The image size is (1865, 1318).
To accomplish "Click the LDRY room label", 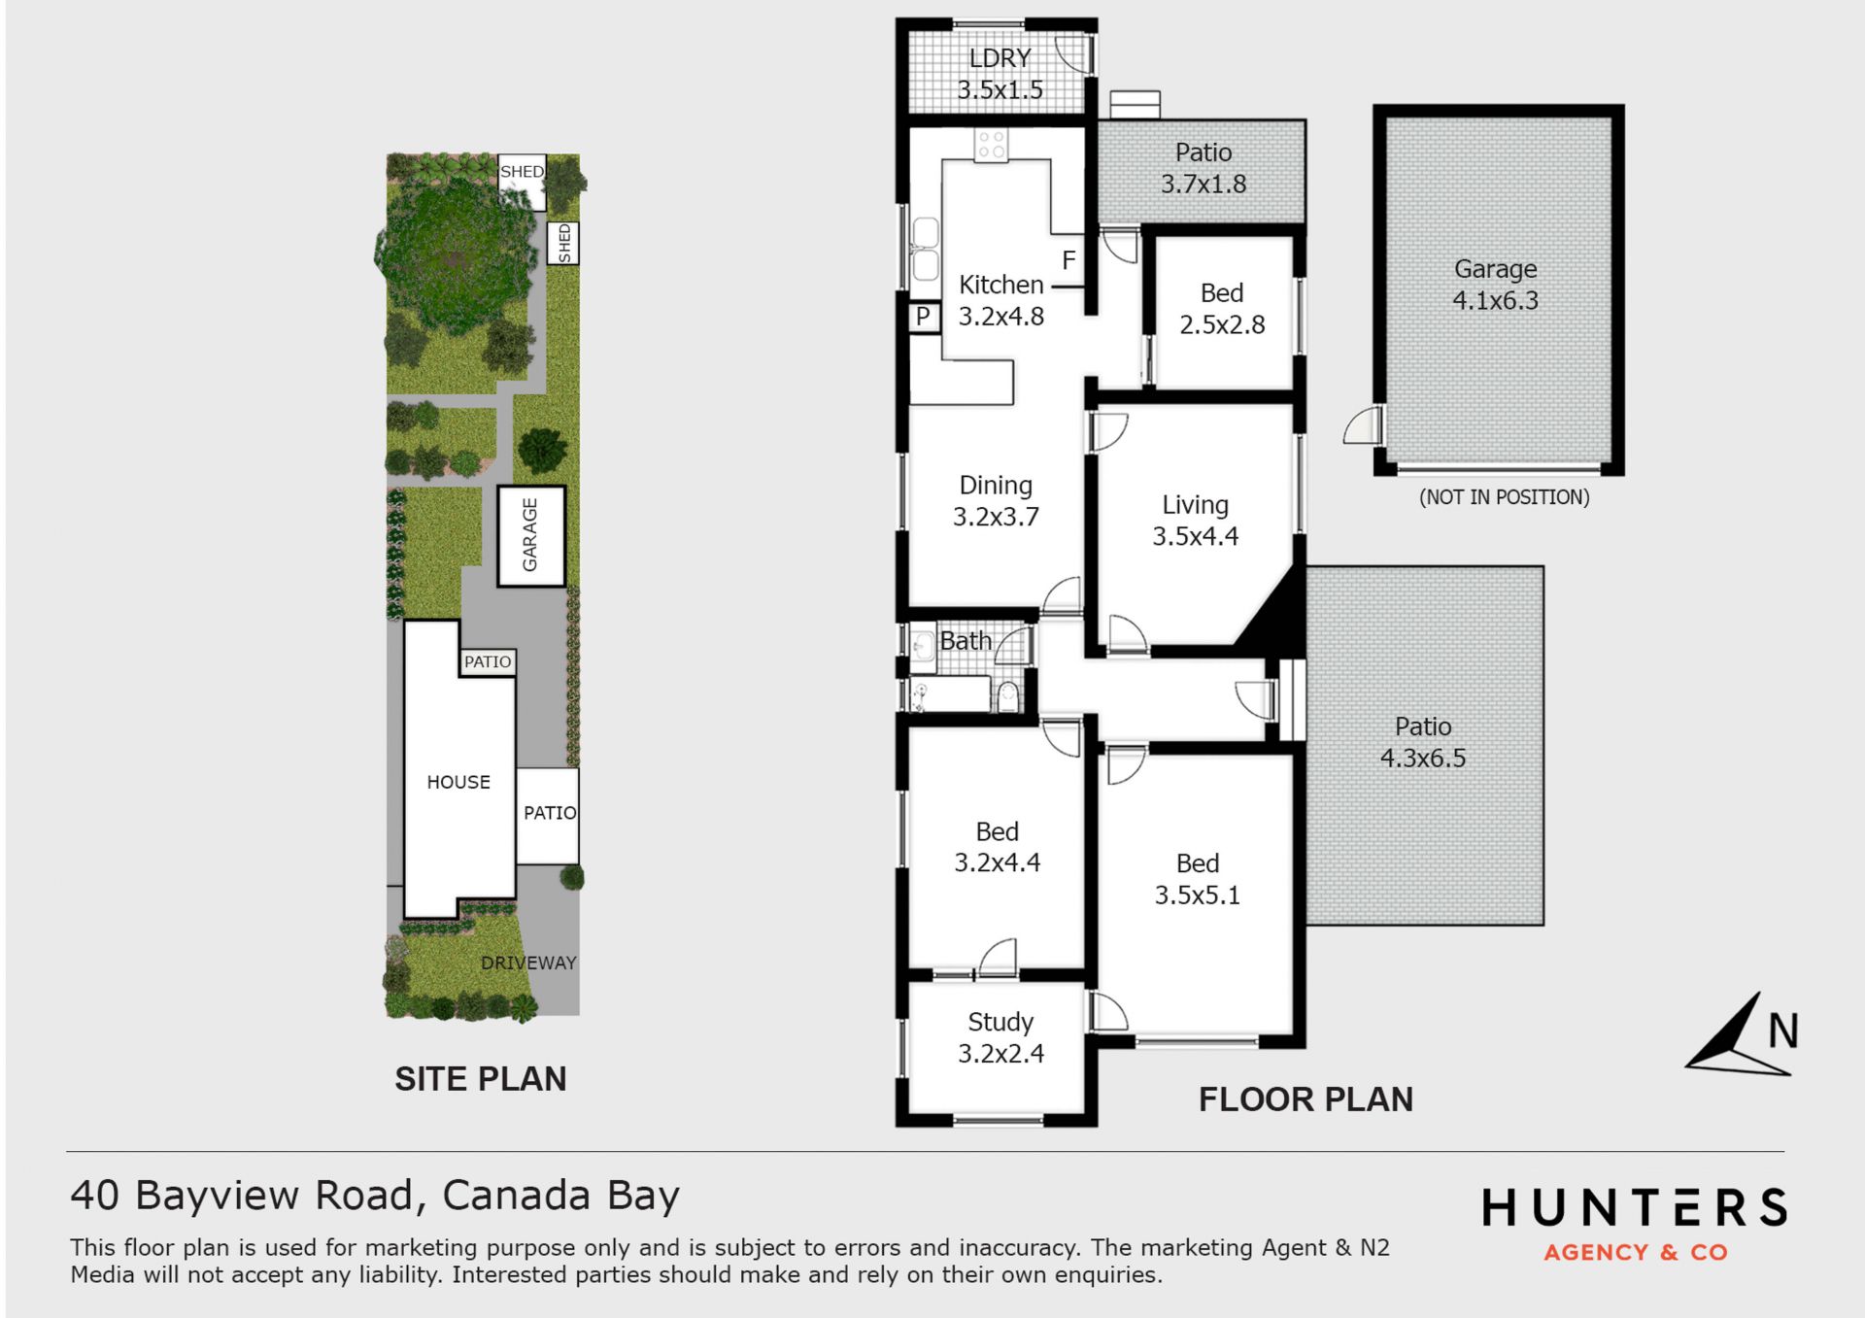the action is tap(1000, 58).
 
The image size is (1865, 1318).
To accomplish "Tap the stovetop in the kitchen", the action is tap(991, 146).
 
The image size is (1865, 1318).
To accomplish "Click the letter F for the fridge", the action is tap(1068, 260).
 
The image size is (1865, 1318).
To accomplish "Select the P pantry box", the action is tap(924, 316).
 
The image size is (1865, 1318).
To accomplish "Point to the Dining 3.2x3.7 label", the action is tap(996, 501).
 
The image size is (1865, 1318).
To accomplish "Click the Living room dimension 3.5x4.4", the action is tap(1195, 536).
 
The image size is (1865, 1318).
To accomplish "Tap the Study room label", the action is tap(1000, 1023).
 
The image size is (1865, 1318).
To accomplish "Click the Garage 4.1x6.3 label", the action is tap(1495, 285).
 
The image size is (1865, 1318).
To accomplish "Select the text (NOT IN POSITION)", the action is tap(1504, 497).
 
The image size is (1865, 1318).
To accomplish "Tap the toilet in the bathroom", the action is tap(1008, 695).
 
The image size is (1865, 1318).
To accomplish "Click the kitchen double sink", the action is tap(925, 250).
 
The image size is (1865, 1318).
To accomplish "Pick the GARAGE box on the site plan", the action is tap(531, 536).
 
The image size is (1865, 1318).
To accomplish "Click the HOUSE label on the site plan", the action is tap(458, 782).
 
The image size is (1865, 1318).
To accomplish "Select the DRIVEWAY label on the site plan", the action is tap(528, 963).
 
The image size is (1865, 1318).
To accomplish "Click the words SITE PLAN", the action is tap(480, 1079).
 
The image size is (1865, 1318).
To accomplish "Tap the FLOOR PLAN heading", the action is tap(1305, 1099).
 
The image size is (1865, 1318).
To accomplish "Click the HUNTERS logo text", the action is tap(1635, 1208).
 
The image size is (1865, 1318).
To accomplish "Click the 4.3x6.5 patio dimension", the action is tap(1423, 759).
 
